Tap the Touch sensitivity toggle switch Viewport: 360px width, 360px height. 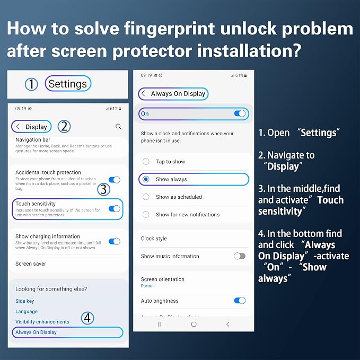pyautogui.click(x=115, y=209)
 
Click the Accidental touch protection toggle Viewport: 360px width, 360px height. pyautogui.click(x=115, y=180)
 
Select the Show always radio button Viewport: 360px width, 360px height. pyautogui.click(x=146, y=179)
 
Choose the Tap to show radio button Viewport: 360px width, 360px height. pyautogui.click(x=146, y=161)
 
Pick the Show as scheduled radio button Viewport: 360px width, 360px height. pyautogui.click(x=146, y=197)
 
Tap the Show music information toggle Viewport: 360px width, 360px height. pyautogui.click(x=240, y=256)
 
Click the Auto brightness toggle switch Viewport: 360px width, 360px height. pyautogui.click(x=240, y=301)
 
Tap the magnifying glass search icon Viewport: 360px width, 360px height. pyautogui.click(x=118, y=127)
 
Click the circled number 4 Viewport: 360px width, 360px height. pyautogui.click(x=87, y=318)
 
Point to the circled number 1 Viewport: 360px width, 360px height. pyautogui.click(x=31, y=84)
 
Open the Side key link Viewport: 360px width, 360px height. pyautogui.click(x=25, y=301)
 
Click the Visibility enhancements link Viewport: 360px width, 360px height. pyautogui.click(x=42, y=322)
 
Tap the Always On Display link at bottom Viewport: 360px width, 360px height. pyautogui.click(x=36, y=332)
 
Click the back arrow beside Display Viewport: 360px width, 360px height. pyautogui.click(x=17, y=127)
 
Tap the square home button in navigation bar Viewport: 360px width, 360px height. pyautogui.click(x=194, y=324)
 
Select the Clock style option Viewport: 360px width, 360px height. pyautogui.click(x=154, y=239)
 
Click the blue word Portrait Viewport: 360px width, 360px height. pyautogui.click(x=147, y=286)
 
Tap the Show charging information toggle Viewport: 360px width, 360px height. pyautogui.click(x=115, y=242)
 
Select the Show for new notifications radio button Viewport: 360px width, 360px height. pyautogui.click(x=146, y=214)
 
